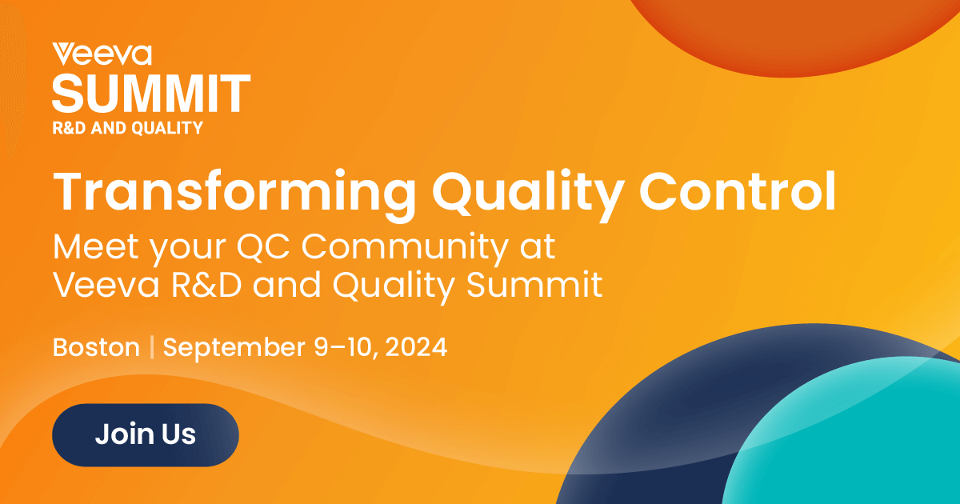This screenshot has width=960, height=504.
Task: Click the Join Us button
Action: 146,434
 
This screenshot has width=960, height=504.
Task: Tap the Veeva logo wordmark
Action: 102,54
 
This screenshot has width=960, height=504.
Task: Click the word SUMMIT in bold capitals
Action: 151,94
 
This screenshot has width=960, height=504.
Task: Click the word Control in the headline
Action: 738,190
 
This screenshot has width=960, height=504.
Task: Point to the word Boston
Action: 97,346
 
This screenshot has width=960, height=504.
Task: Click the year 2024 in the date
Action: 416,346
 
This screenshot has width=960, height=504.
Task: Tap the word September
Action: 234,348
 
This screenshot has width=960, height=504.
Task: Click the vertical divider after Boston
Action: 152,346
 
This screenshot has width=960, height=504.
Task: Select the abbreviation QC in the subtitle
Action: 262,246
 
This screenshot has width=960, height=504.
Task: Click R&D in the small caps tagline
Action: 69,128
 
